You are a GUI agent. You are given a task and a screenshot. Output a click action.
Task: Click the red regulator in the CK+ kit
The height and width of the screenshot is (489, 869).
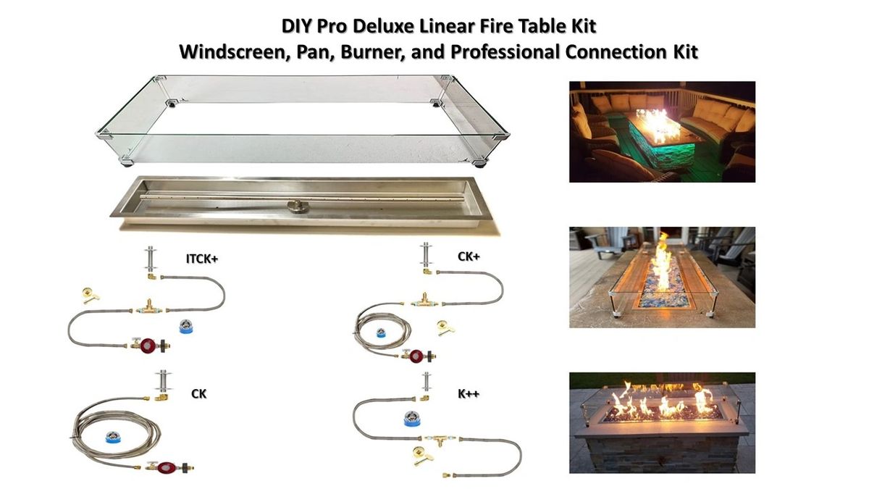[x=415, y=356]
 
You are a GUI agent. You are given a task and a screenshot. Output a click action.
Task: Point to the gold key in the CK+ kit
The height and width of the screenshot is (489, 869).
[x=446, y=330]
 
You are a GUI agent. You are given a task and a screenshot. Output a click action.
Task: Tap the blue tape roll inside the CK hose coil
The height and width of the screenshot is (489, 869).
[x=113, y=438]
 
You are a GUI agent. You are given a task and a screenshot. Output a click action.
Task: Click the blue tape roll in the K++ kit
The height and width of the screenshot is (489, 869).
[x=413, y=419]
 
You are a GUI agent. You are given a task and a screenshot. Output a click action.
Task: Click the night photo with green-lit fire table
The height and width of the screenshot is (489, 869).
[x=661, y=131]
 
